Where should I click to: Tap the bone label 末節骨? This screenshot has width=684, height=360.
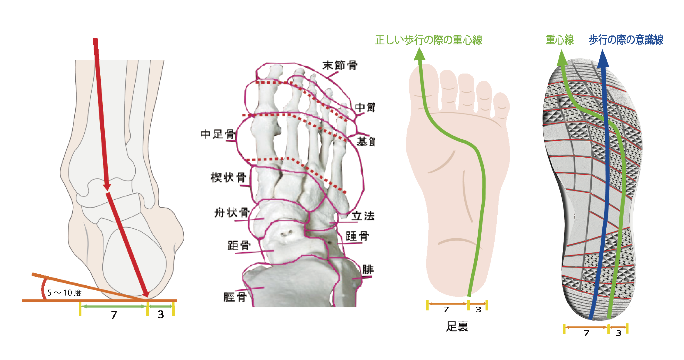click(x=340, y=65)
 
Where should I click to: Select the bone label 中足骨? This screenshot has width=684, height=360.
click(x=217, y=134)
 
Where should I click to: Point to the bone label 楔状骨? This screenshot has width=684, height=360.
click(x=228, y=177)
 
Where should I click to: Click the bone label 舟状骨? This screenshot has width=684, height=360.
click(x=232, y=213)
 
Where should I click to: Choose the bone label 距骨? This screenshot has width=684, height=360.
click(x=239, y=246)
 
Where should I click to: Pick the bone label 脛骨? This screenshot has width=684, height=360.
click(x=235, y=297)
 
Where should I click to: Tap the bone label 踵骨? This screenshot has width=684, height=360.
click(x=357, y=236)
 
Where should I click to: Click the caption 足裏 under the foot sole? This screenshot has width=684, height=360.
click(x=457, y=326)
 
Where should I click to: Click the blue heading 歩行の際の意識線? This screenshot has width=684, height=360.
click(x=626, y=40)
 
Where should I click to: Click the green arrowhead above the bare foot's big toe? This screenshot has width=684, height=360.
click(x=420, y=54)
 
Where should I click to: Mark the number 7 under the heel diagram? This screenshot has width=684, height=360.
click(x=114, y=315)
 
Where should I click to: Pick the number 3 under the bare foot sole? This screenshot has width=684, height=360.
click(x=478, y=310)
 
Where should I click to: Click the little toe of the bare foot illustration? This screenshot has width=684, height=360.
click(x=501, y=105)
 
